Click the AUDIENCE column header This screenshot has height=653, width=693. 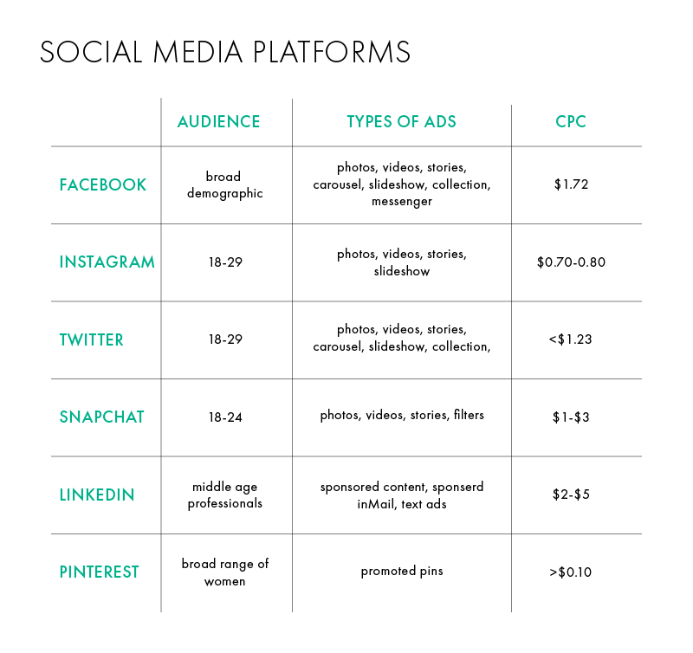pyautogui.click(x=219, y=121)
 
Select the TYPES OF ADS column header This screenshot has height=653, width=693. pyautogui.click(x=401, y=121)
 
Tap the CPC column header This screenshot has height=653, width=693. pyautogui.click(x=571, y=121)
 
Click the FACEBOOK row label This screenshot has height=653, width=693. pyautogui.click(x=102, y=184)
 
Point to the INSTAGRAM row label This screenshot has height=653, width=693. pyautogui.click(x=107, y=262)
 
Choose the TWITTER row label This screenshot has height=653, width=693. pyautogui.click(x=92, y=339)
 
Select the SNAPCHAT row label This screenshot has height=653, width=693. pyautogui.click(x=101, y=417)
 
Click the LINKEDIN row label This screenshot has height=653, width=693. pyautogui.click(x=97, y=495)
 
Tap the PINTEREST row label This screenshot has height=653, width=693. pyautogui.click(x=99, y=572)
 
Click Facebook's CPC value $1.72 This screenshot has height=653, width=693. pyautogui.click(x=571, y=184)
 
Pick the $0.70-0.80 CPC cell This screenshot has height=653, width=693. pyautogui.click(x=571, y=262)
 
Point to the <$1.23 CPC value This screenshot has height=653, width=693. pyautogui.click(x=570, y=339)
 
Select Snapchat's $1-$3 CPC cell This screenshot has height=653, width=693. pyautogui.click(x=571, y=417)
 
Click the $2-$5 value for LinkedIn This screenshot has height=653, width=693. pyautogui.click(x=571, y=495)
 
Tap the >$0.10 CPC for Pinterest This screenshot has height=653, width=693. pyautogui.click(x=570, y=572)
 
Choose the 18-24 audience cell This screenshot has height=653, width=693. pyautogui.click(x=225, y=417)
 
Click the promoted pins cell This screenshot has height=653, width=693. pyautogui.click(x=402, y=572)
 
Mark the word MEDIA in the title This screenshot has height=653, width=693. pyautogui.click(x=198, y=52)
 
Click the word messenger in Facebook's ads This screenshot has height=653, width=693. pyautogui.click(x=402, y=202)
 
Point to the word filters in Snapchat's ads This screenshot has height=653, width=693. pyautogui.click(x=469, y=415)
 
